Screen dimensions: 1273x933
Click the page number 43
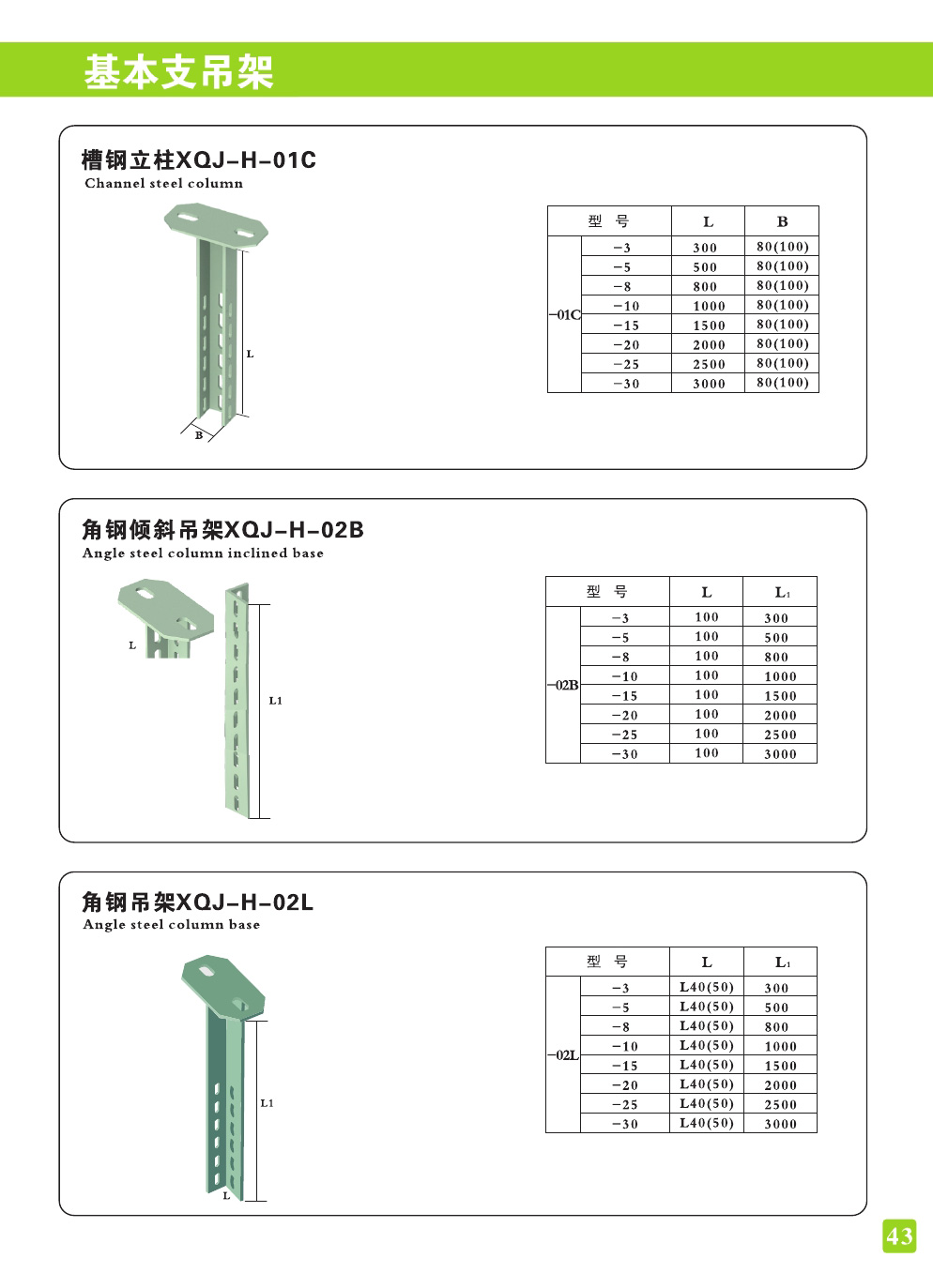[x=899, y=1236]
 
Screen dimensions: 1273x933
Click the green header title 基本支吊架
[x=178, y=71]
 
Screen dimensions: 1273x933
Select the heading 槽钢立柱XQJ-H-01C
[x=199, y=160]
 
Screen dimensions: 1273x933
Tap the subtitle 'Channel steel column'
[x=163, y=183]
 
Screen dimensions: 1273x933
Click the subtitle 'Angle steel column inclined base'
[x=203, y=553]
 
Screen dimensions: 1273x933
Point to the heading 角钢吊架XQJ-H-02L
[x=197, y=902]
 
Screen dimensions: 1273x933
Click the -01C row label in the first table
[x=565, y=315]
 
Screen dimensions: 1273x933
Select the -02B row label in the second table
[x=563, y=686]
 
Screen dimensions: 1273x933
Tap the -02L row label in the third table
[x=563, y=1055]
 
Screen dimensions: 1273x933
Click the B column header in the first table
[x=782, y=222]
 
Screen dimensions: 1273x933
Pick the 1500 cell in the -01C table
[x=709, y=326]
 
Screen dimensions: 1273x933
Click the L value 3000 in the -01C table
[x=709, y=384]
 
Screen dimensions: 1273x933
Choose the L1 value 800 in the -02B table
[x=776, y=658]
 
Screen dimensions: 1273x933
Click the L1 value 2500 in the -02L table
[x=780, y=1105]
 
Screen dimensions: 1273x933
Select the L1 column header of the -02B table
[x=782, y=593]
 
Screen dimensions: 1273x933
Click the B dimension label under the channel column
[x=199, y=435]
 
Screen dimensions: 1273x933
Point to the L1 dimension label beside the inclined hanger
[x=275, y=701]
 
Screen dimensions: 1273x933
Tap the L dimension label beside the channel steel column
[x=250, y=355]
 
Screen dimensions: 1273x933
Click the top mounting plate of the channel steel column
[x=216, y=225]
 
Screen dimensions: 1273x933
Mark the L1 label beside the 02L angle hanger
[x=267, y=1103]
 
